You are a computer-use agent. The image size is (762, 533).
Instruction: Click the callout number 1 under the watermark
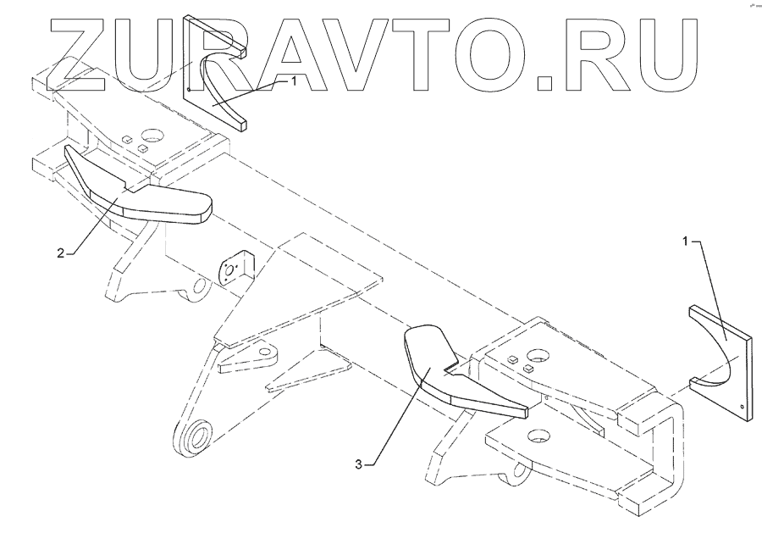[x=293, y=81]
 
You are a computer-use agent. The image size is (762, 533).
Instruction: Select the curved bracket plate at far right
[x=720, y=356]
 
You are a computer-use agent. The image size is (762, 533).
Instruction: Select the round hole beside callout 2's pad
[x=153, y=135]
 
